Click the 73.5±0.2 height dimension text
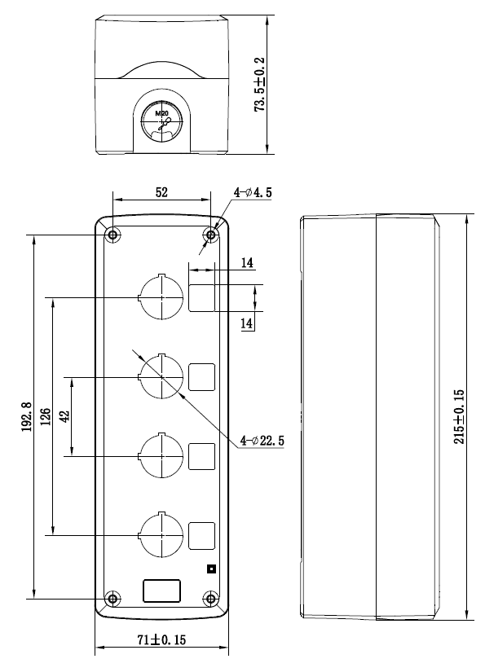click(260, 85)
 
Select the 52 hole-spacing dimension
click(161, 192)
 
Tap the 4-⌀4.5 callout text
click(253, 192)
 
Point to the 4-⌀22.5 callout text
click(262, 440)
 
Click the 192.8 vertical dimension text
click(27, 416)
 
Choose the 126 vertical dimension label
click(46, 416)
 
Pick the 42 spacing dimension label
click(64, 416)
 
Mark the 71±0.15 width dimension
click(161, 640)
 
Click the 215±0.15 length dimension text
click(459, 416)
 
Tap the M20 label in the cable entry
click(161, 113)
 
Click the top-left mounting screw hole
click(113, 235)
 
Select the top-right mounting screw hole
click(210, 235)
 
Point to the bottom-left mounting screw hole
click(113, 599)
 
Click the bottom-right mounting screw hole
click(210, 599)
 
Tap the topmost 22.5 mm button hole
click(161, 297)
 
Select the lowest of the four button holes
click(161, 535)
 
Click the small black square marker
click(211, 569)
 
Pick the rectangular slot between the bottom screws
click(161, 591)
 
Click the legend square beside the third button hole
click(201, 456)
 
